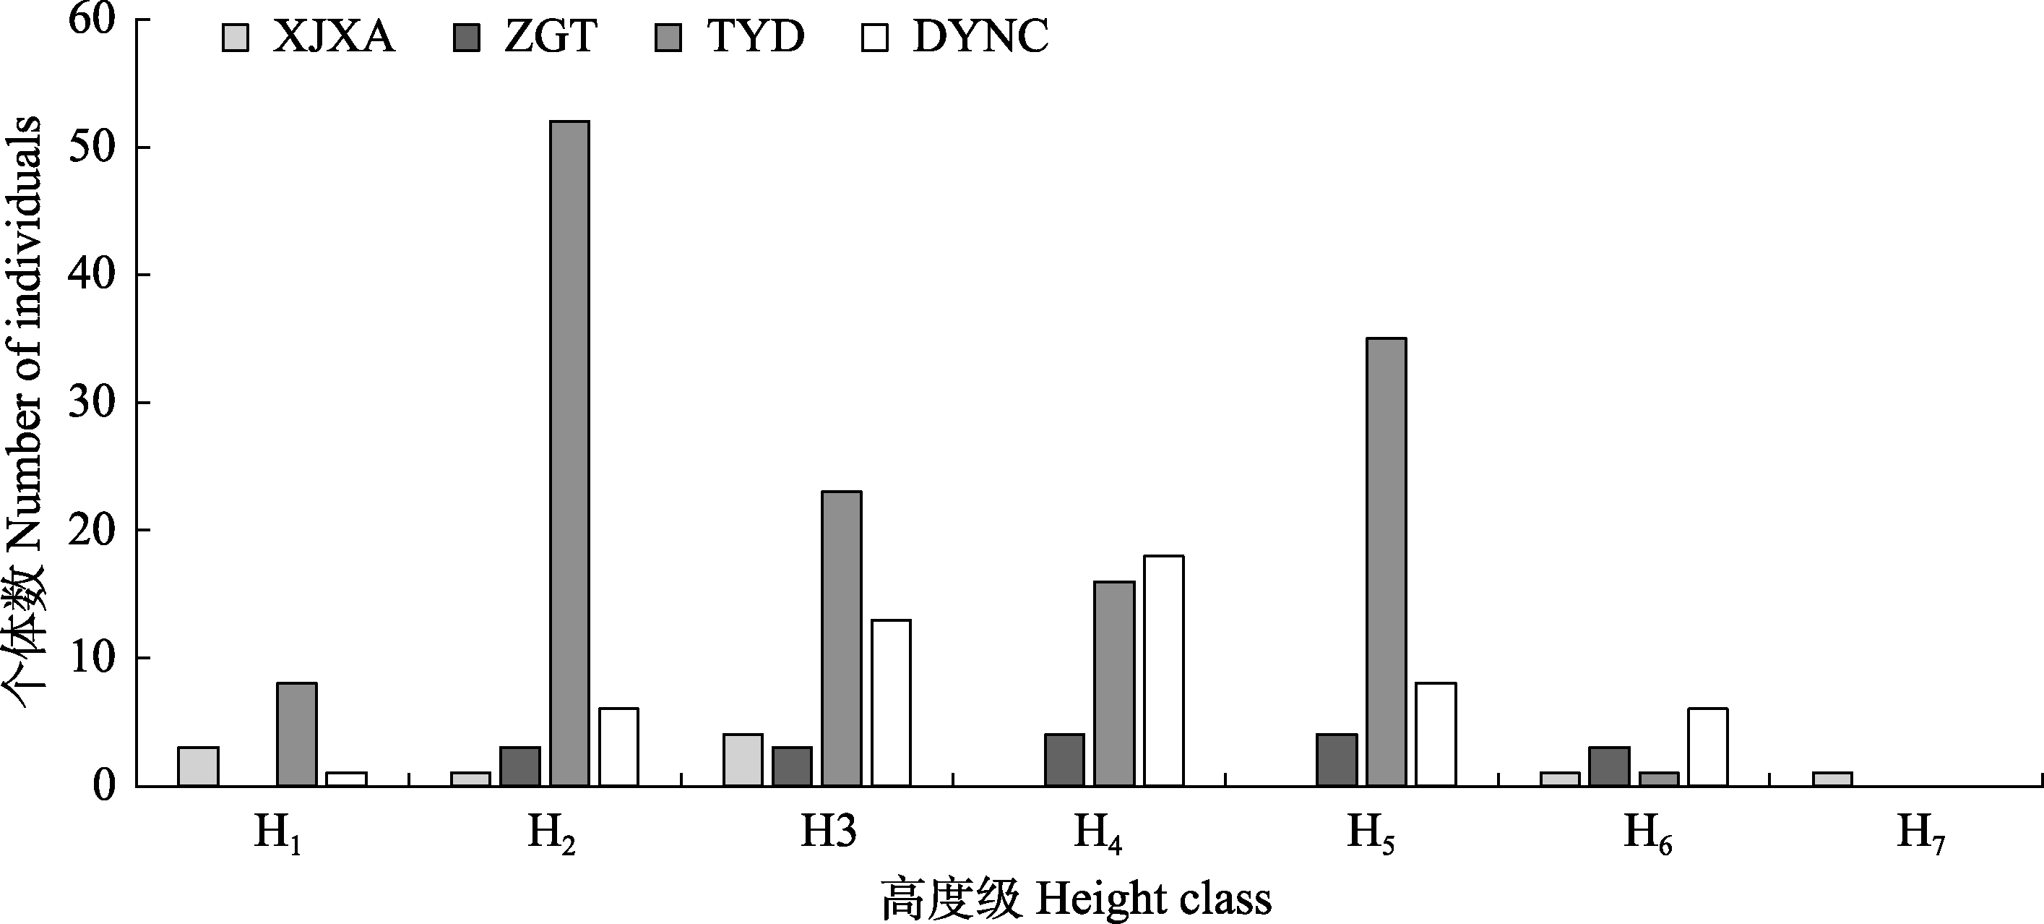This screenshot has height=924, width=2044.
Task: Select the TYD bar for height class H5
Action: click(1387, 561)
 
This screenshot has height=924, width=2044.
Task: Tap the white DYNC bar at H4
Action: click(1163, 671)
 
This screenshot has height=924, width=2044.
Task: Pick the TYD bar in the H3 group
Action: click(841, 638)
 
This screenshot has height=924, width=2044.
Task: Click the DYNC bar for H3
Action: click(891, 703)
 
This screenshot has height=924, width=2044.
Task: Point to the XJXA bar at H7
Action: click(1832, 779)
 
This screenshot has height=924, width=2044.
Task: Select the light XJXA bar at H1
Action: click(199, 766)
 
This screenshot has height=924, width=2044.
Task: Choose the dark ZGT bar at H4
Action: click(1064, 760)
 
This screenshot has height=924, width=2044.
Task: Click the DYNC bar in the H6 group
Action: click(1708, 746)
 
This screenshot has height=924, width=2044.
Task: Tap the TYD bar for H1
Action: click(297, 735)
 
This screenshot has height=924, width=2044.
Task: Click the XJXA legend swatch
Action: click(236, 38)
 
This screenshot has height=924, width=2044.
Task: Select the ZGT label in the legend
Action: click(550, 37)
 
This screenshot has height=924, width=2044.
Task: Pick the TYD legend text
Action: click(756, 37)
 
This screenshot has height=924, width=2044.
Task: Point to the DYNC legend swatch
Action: click(874, 38)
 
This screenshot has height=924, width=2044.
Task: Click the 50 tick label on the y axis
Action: click(92, 148)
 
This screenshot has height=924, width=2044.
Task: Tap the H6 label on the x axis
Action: click(1647, 834)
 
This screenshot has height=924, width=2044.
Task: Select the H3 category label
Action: click(829, 832)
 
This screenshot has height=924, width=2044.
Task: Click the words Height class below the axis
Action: click(1153, 899)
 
